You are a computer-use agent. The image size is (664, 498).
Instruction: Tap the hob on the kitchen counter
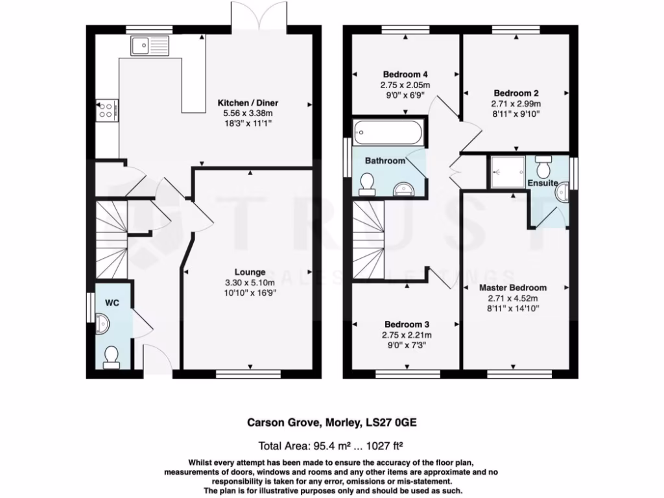pyautogui.click(x=107, y=110)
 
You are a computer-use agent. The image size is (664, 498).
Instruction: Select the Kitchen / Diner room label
pyautogui.click(x=249, y=104)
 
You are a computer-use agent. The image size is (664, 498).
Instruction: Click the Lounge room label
pyautogui.click(x=250, y=272)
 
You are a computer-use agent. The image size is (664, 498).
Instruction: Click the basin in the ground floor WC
pyautogui.click(x=103, y=322)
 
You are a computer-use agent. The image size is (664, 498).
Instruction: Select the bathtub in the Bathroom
pyautogui.click(x=388, y=134)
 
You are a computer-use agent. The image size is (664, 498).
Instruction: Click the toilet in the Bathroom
pyautogui.click(x=366, y=187)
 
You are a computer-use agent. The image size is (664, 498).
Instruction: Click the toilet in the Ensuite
pyautogui.click(x=545, y=168)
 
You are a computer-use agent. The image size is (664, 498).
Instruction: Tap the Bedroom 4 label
pyautogui.click(x=405, y=74)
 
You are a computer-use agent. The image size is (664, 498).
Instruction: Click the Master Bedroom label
pyautogui.click(x=512, y=287)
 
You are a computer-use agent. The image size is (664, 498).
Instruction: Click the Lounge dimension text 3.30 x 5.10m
pyautogui.click(x=250, y=283)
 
